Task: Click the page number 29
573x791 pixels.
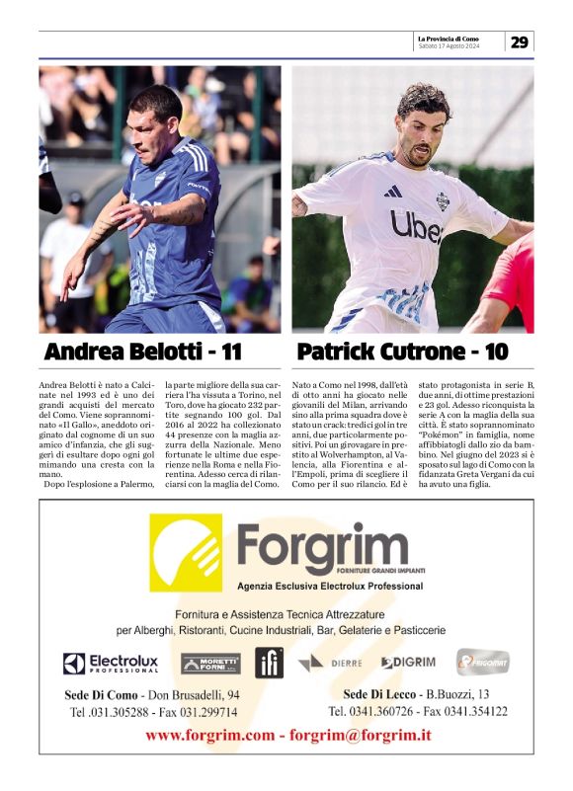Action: tap(520, 41)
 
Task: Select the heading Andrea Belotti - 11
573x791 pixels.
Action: tap(144, 353)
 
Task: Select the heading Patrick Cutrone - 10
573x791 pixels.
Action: tap(403, 353)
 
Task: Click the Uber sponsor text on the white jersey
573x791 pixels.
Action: tap(416, 226)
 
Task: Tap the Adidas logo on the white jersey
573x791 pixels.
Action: tap(392, 191)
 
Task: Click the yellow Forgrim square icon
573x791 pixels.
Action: tap(186, 552)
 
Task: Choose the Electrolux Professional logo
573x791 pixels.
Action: tap(111, 664)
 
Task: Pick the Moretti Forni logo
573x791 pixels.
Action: tap(210, 664)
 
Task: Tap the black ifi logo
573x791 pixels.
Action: tap(269, 662)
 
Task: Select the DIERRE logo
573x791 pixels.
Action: tap(328, 663)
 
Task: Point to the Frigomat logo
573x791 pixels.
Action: tap(482, 662)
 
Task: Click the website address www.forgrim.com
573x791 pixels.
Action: tap(209, 735)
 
